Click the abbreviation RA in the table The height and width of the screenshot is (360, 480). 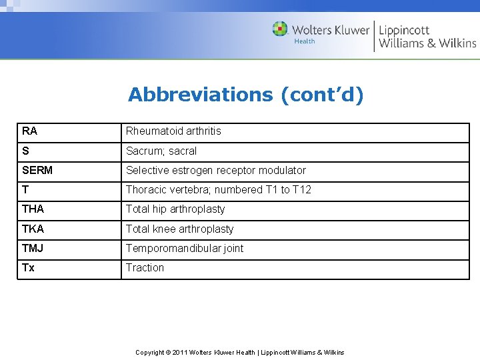[29, 131]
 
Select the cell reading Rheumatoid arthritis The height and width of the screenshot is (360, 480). [173, 131]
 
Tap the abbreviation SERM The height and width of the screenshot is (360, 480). [37, 171]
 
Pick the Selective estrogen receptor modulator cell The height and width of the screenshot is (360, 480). [216, 171]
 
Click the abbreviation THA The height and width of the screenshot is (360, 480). [33, 209]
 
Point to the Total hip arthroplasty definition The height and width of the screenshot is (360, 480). [175, 209]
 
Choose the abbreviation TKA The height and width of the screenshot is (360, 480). [33, 229]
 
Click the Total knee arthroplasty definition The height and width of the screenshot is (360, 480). [180, 229]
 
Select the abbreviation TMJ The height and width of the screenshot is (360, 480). [33, 249]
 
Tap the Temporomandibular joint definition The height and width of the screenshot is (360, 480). [185, 249]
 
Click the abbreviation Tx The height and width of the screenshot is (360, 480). [28, 268]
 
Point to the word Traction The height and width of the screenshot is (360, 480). [145, 268]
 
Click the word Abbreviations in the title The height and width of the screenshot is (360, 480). [200, 95]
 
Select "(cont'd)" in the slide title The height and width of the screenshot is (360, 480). [322, 95]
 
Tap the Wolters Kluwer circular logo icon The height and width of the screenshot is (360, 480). [280, 29]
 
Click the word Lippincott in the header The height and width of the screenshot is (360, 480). [404, 30]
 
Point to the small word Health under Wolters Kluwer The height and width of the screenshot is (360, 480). [305, 41]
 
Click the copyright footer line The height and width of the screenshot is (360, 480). [240, 352]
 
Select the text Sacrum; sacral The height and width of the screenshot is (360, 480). [161, 151]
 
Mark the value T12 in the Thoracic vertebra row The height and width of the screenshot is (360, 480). [302, 190]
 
